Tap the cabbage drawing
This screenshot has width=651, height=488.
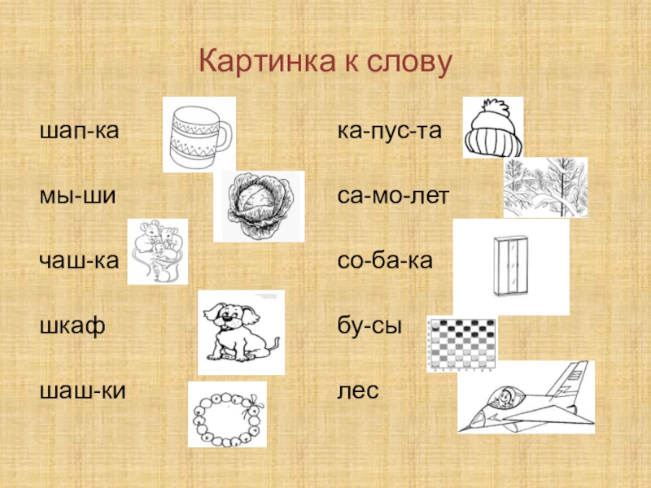260,206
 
